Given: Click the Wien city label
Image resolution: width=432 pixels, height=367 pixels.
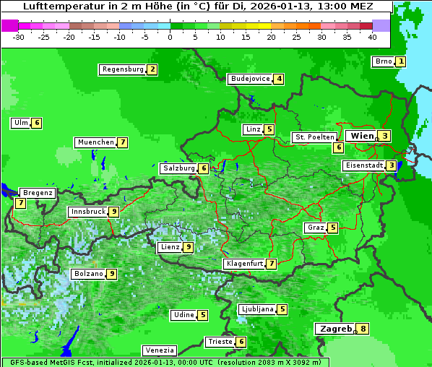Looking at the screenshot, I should [362, 136].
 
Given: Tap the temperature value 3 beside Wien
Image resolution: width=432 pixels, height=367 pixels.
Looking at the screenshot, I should [386, 136].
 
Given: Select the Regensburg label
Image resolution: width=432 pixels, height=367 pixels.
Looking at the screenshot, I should [123, 69].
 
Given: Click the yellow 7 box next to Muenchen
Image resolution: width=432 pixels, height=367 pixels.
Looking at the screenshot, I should [124, 142].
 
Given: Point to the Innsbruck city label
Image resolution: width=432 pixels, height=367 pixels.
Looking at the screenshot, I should [87, 212].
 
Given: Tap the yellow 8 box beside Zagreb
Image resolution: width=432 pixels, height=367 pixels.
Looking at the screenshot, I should [363, 329].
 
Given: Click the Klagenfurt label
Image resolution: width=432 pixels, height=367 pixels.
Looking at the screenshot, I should [244, 264].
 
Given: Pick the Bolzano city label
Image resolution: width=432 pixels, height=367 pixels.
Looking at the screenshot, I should [88, 274].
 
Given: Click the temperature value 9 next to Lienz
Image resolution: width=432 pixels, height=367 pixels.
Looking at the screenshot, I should [189, 247].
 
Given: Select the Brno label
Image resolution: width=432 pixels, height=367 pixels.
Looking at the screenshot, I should [383, 61].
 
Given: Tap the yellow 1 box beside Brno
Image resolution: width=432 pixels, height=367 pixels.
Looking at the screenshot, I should [401, 61].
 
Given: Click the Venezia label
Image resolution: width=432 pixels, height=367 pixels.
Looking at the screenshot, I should [159, 350].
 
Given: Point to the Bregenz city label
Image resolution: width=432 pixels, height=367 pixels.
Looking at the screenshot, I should [38, 193].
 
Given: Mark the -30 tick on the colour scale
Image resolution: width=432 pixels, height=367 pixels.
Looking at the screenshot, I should [19, 37].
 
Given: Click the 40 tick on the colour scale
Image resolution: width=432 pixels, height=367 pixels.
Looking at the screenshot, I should [372, 37].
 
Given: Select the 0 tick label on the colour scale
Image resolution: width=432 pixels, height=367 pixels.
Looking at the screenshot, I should [170, 37].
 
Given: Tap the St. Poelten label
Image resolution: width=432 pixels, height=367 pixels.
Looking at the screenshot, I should [314, 137].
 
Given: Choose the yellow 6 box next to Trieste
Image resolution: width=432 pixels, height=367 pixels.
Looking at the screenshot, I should [241, 342].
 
